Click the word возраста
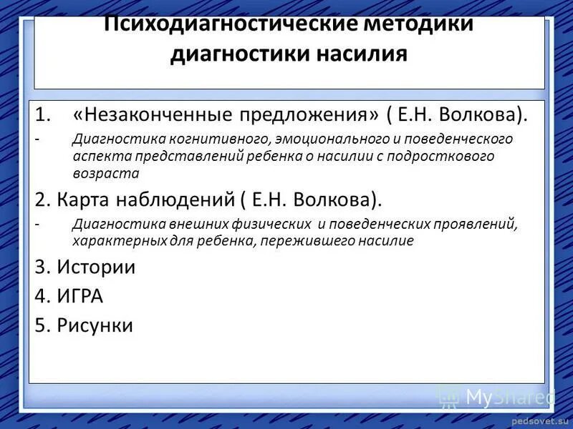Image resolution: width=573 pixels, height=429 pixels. point(105,172)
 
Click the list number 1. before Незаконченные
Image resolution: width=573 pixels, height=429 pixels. point(44,115)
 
